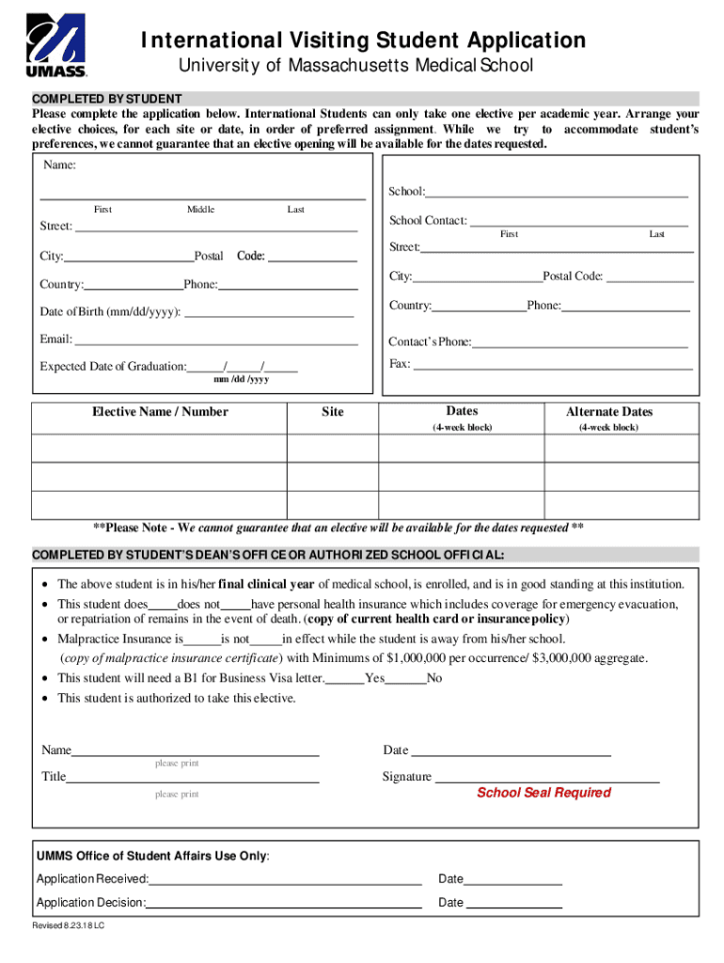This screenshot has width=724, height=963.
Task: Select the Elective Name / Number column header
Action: pos(160,412)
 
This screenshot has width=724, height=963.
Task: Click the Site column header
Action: pos(332,412)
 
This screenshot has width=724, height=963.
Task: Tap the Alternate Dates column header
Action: pos(608,412)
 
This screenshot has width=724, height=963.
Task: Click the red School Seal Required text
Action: pos(543,793)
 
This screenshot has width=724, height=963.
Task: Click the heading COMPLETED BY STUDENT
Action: pos(107,99)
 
